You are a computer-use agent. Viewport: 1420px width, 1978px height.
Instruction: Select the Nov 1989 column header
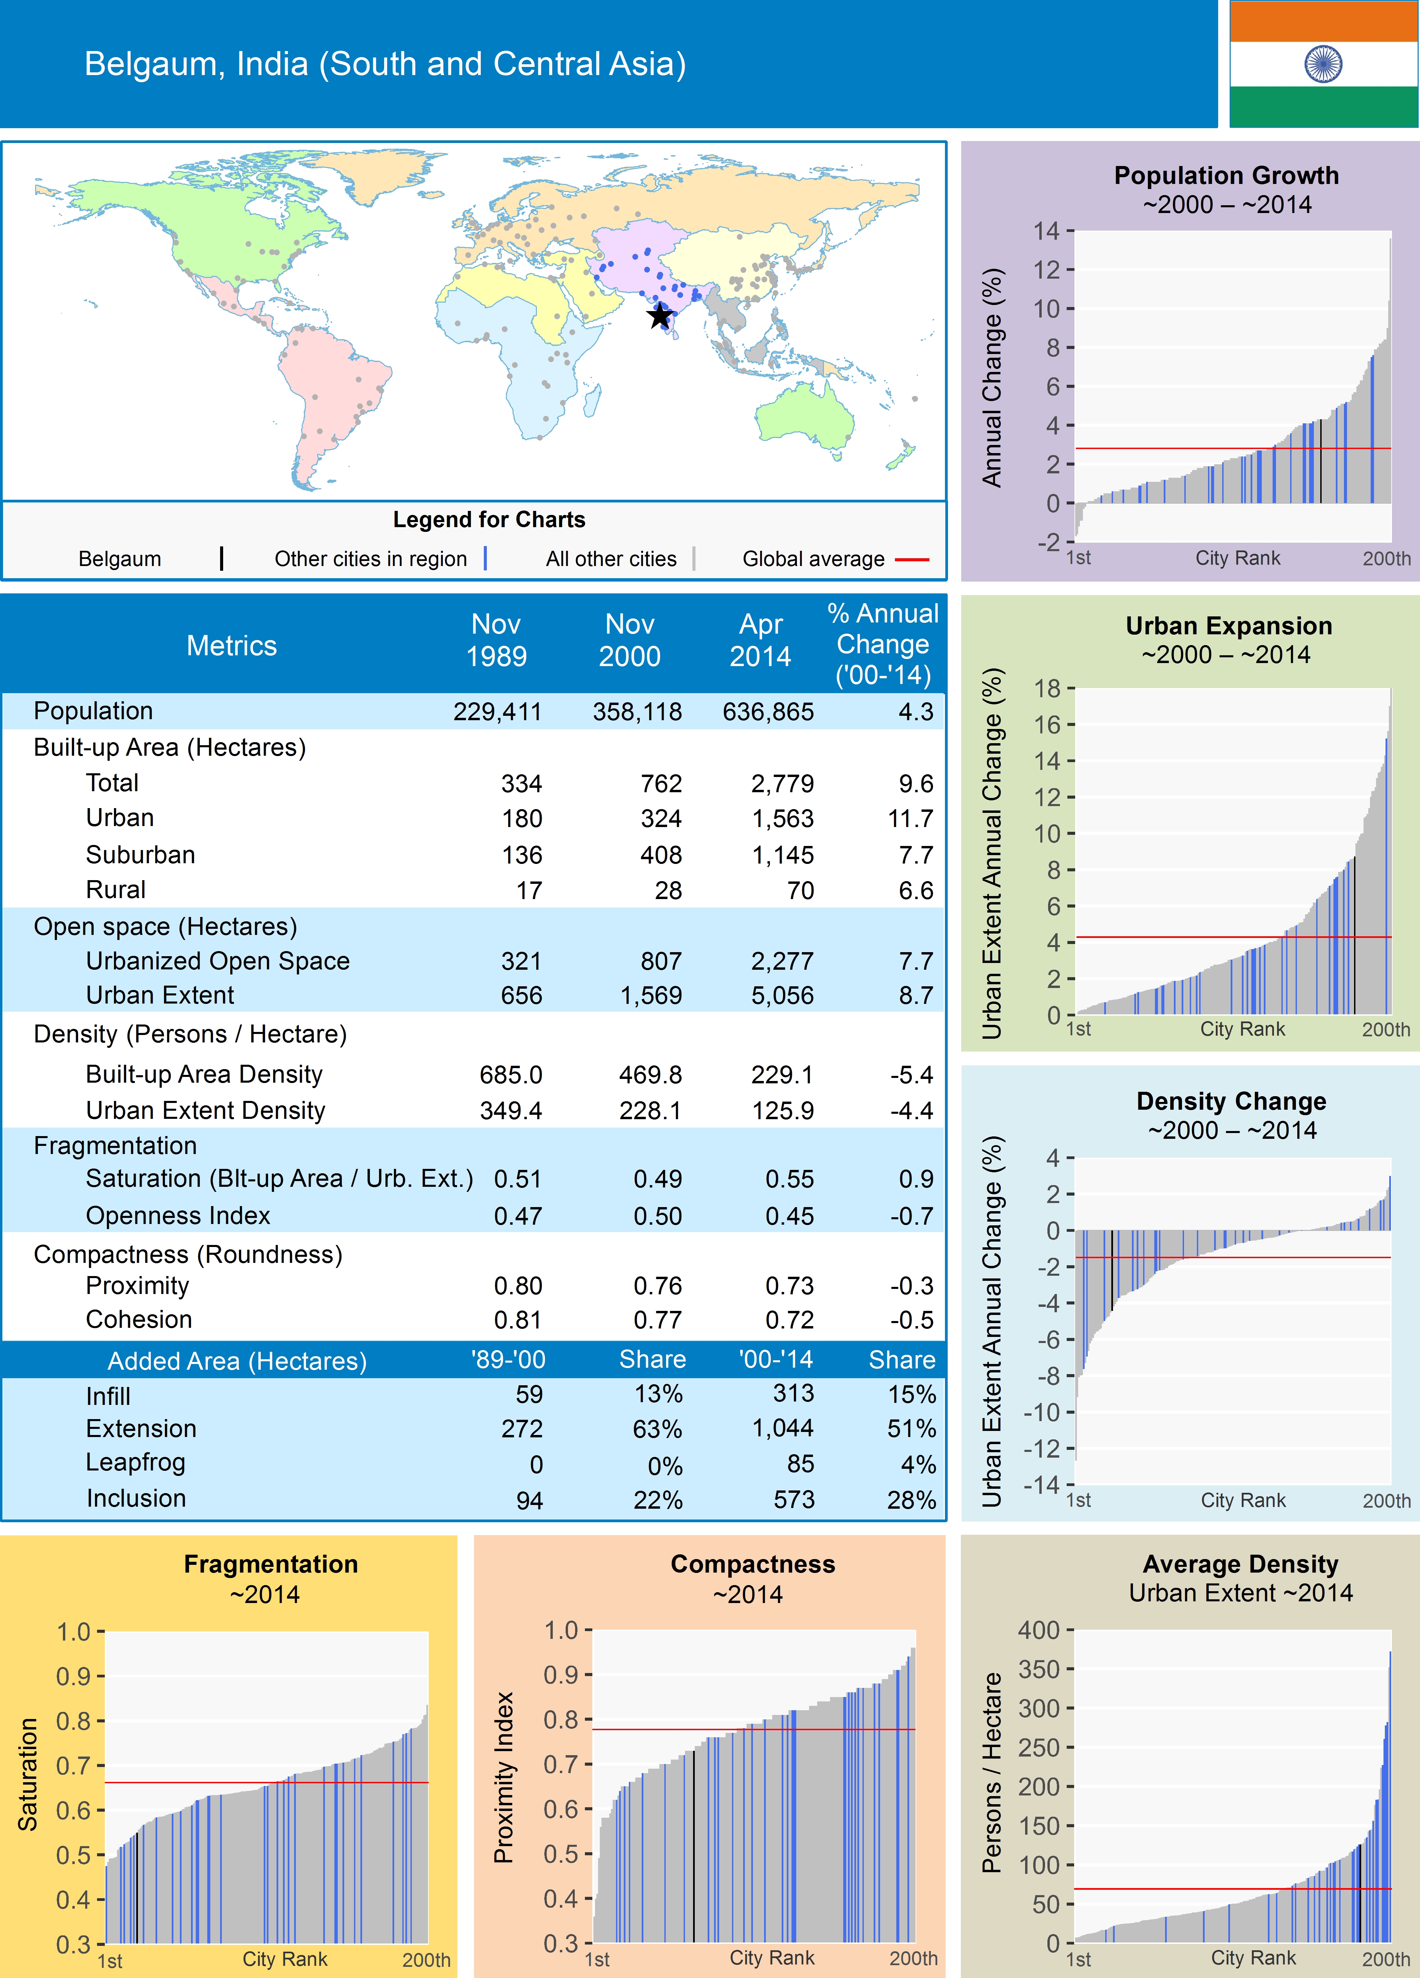tap(496, 640)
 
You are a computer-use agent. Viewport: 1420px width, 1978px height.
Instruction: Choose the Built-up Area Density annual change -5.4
tap(912, 1075)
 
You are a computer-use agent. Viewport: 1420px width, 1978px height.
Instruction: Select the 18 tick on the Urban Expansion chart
tap(1047, 688)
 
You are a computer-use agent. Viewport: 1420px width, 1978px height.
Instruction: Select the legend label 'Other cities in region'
tap(371, 559)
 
